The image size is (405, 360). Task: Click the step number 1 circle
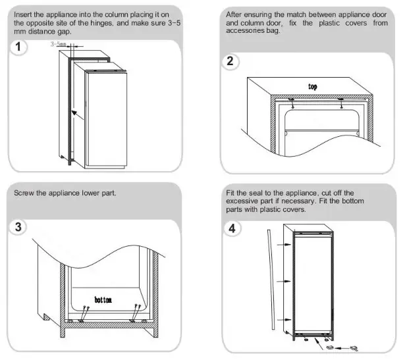(22, 49)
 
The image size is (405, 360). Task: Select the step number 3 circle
(22, 227)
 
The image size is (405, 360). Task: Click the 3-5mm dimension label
(59, 45)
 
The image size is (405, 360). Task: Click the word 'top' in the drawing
(313, 86)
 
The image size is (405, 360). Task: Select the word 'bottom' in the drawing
(103, 299)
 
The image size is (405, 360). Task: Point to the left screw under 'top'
(292, 101)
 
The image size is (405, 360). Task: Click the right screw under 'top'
(340, 101)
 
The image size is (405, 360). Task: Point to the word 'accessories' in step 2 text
(248, 32)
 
